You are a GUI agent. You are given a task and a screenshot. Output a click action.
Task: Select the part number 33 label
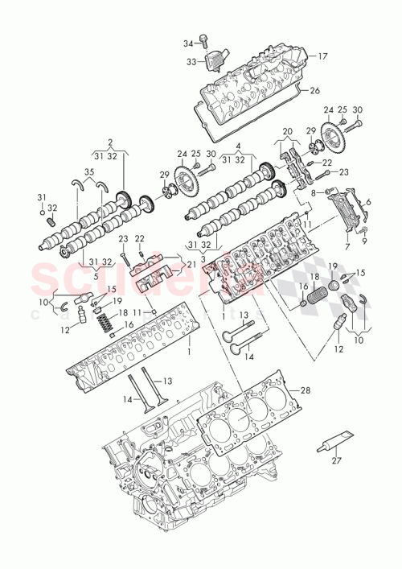click(191, 60)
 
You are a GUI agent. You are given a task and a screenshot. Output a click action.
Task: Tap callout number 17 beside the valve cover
click(322, 56)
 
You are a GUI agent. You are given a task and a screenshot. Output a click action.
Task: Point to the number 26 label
click(314, 90)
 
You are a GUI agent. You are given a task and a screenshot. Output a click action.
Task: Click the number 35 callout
click(88, 171)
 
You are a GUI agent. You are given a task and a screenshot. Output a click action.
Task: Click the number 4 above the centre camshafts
click(239, 146)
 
